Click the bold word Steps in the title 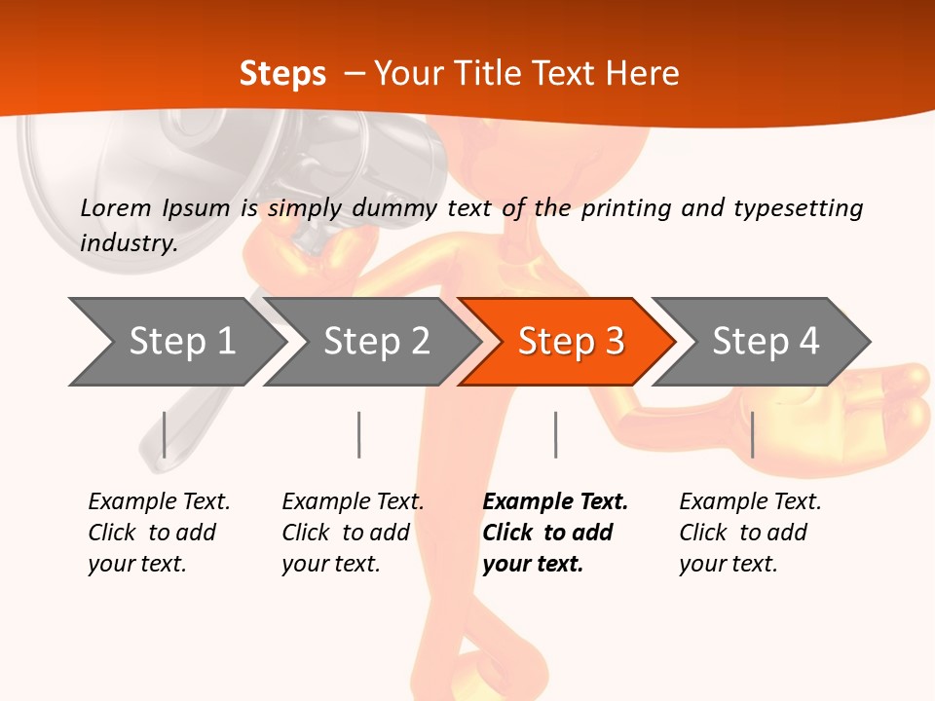tap(282, 73)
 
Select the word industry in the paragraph tap(128, 242)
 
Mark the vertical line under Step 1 tap(165, 434)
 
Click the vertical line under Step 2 tap(359, 434)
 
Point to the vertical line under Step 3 tap(555, 434)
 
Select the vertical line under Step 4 tap(752, 434)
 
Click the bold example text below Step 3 tap(555, 533)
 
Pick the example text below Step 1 tap(159, 533)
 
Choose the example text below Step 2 tap(353, 533)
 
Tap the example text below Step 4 tap(750, 533)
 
